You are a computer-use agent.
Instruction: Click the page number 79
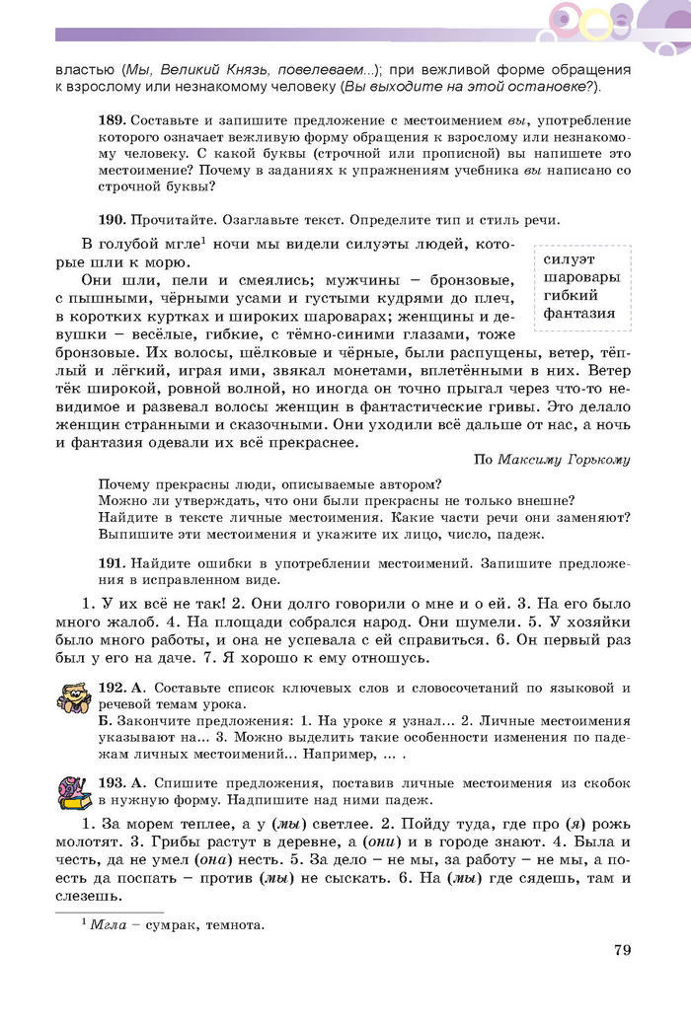tap(622, 950)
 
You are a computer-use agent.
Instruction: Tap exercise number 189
tap(111, 119)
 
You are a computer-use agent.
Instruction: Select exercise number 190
tap(111, 219)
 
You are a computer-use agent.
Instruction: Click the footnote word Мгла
tap(106, 925)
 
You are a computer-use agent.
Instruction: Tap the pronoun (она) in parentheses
tap(272, 856)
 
